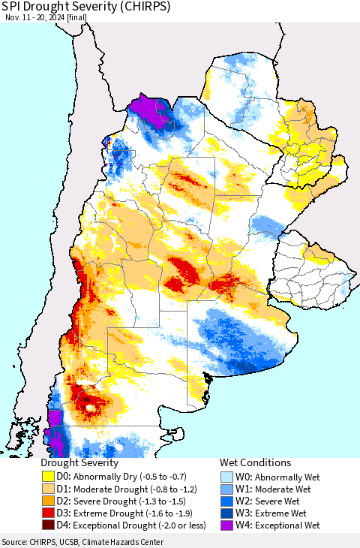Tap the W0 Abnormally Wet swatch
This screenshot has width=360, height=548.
coord(228,477)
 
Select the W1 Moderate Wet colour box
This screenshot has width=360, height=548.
coord(228,489)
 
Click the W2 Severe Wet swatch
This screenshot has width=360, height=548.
coord(228,501)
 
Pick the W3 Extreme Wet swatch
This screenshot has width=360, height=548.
coord(228,513)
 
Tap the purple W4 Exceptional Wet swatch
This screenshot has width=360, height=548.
coord(228,525)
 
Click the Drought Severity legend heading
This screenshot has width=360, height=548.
coord(79,463)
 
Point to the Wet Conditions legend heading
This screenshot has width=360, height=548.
coord(255,463)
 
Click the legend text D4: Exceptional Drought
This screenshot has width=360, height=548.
coord(120,525)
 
